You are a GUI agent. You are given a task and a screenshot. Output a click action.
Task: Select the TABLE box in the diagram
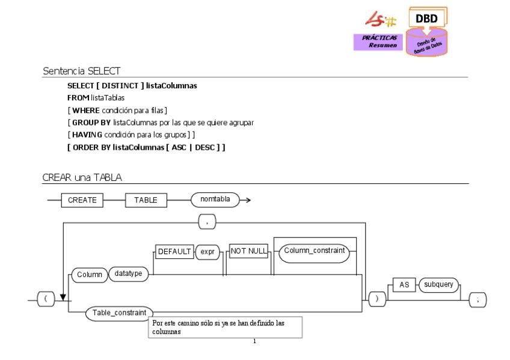146,201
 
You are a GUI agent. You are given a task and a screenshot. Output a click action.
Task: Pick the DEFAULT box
174,252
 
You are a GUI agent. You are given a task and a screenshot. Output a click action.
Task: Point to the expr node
206,252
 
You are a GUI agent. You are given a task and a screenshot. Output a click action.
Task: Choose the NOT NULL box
248,252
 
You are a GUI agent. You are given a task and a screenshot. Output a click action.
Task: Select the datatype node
129,274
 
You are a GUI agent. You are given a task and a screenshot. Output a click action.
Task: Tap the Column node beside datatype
89,275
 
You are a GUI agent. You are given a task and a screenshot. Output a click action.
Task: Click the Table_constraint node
119,313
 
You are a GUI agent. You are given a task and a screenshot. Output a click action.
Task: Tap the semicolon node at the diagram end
477,299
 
